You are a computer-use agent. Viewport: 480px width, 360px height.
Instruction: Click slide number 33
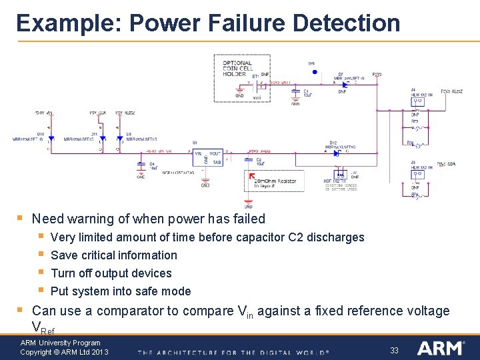click(x=394, y=349)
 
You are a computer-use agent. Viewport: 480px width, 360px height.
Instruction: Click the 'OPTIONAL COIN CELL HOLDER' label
click(x=237, y=67)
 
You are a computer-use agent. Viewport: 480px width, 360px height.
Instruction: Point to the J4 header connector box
click(x=419, y=101)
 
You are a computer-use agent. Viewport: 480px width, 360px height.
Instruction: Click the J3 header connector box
click(x=419, y=175)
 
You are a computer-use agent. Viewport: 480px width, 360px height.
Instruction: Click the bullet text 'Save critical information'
click(x=114, y=255)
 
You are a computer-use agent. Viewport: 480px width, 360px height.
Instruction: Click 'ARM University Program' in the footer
click(x=60, y=343)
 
